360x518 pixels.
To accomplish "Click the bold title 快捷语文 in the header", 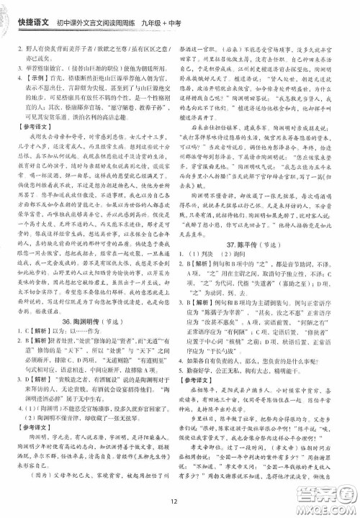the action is (x=34, y=14).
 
